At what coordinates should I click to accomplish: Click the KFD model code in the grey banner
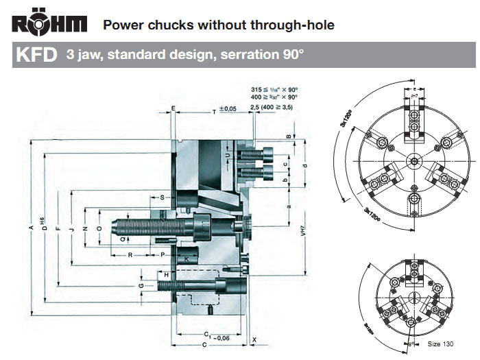34,55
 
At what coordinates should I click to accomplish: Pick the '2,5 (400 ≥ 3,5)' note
272,108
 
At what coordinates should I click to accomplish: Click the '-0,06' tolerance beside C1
220,338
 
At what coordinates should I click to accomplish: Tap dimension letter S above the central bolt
162,197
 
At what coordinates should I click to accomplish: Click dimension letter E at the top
173,109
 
